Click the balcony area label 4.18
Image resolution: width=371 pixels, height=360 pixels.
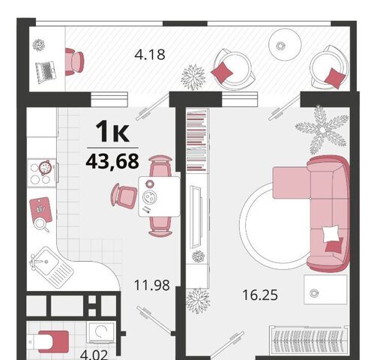[x=150, y=55]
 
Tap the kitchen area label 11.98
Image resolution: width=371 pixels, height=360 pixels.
[x=151, y=285]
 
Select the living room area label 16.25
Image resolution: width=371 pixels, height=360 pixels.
[x=260, y=295]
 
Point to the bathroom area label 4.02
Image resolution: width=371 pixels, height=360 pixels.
[x=94, y=355]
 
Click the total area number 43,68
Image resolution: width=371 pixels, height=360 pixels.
[x=112, y=161]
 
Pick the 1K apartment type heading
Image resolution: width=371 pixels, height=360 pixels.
[x=112, y=131]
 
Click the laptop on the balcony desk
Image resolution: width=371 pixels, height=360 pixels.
[x=46, y=71]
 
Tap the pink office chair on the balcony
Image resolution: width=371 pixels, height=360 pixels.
[x=74, y=61]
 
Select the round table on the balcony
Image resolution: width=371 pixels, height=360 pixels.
[x=285, y=44]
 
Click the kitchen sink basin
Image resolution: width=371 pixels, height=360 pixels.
[x=46, y=262]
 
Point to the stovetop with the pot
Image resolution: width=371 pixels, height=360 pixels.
[x=41, y=172]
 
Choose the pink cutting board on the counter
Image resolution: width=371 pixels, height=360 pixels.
[x=40, y=209]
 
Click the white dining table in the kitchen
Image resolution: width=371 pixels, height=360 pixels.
[x=159, y=196]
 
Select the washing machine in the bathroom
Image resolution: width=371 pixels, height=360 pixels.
[x=101, y=332]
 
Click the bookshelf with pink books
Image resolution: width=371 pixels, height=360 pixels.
[x=196, y=140]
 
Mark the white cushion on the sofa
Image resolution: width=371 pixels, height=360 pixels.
[x=331, y=234]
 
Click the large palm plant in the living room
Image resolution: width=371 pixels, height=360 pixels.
[x=322, y=130]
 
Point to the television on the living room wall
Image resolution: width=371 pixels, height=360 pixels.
[x=196, y=217]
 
